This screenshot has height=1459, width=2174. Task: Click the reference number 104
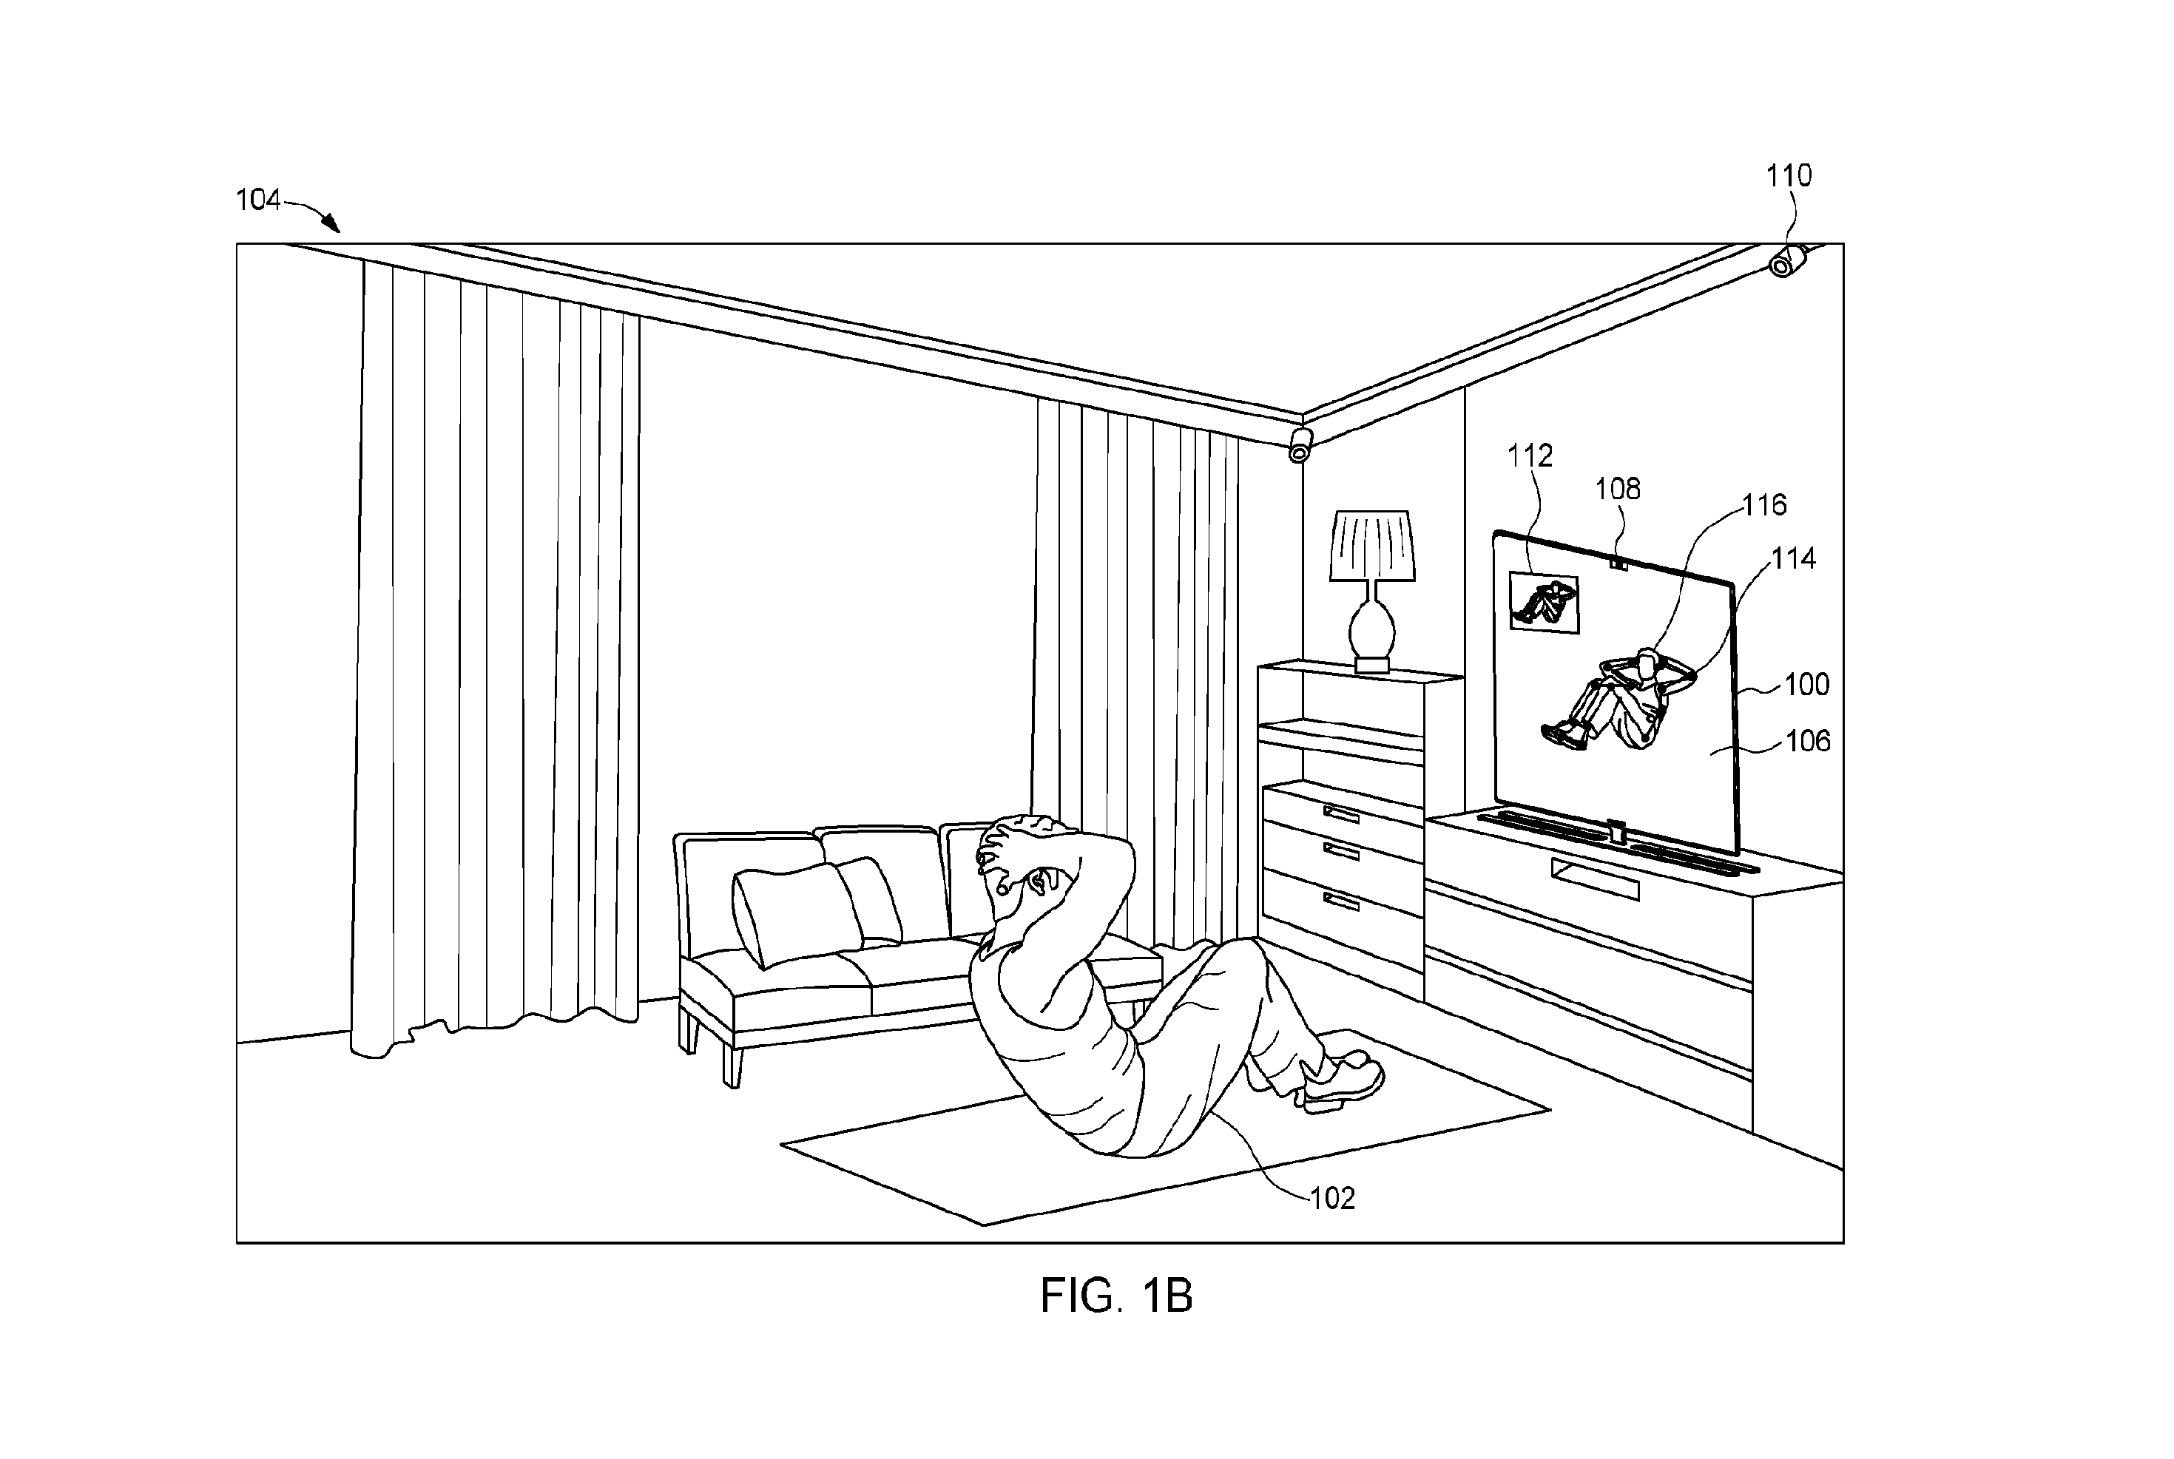pos(258,200)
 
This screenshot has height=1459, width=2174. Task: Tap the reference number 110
pos(1789,176)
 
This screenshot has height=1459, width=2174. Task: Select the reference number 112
pos(1530,456)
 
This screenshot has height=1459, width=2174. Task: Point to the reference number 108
pos(1618,490)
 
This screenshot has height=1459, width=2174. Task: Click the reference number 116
pos(1764,505)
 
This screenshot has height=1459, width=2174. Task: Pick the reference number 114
pos(1792,558)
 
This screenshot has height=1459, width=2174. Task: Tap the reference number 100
pos(1806,685)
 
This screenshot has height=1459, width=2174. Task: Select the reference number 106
pos(1807,742)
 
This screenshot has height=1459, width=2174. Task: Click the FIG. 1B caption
pos(1116,1296)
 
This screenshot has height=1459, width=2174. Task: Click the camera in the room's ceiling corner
pos(1300,444)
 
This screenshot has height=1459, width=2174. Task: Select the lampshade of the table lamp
pos(1373,546)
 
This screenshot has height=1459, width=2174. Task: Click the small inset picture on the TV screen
pos(1544,603)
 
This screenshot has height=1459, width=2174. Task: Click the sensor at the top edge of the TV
pos(1618,561)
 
